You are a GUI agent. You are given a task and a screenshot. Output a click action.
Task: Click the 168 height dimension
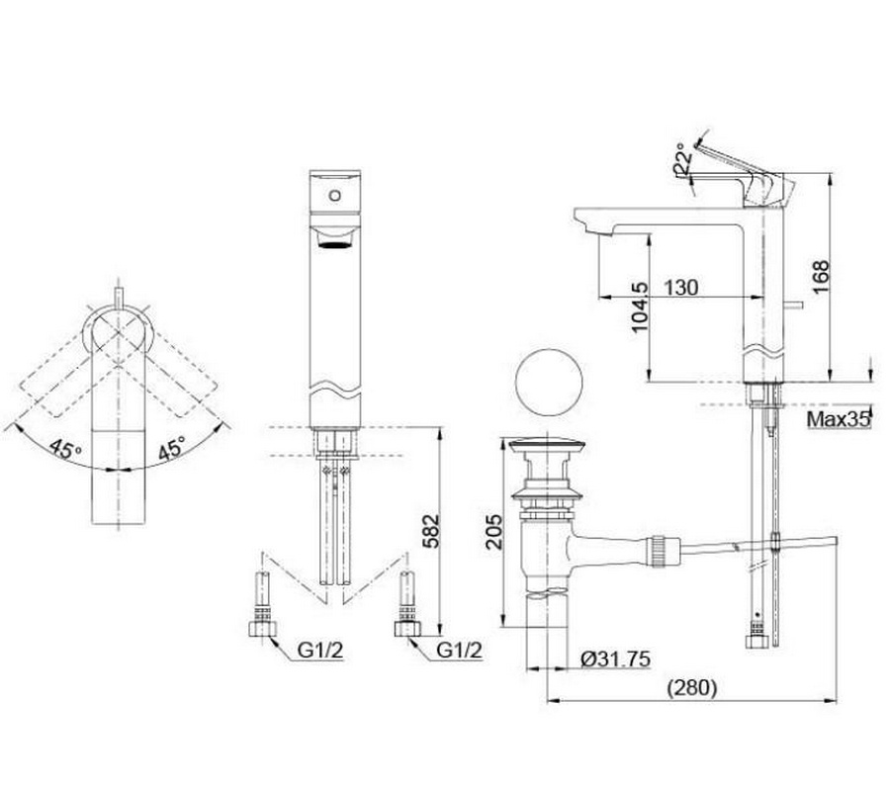[x=820, y=277]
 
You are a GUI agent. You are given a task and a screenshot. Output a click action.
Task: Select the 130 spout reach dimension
[x=681, y=288]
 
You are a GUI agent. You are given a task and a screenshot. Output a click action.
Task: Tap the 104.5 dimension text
[x=639, y=307]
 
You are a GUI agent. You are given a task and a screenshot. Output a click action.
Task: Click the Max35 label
[x=839, y=419]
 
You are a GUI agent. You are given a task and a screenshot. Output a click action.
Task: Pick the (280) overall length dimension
[x=691, y=688]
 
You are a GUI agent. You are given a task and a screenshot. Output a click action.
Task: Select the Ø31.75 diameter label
[x=616, y=659]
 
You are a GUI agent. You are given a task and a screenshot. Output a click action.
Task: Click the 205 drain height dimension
[x=494, y=531]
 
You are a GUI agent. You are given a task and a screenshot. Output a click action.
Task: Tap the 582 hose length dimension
[x=432, y=531]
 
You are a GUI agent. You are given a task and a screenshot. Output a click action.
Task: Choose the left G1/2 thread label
[x=320, y=651]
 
